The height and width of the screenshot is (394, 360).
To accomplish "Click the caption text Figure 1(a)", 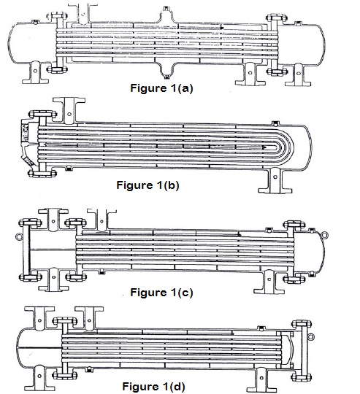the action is [161, 88].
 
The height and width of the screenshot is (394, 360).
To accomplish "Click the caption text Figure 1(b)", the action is [148, 185].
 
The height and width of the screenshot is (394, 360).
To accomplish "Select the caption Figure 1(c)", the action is [161, 293].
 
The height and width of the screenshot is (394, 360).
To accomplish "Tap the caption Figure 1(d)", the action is [153, 386].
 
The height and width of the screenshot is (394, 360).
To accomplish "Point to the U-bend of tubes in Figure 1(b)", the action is [289, 146].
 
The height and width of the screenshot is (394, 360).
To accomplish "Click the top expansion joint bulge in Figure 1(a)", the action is [166, 15].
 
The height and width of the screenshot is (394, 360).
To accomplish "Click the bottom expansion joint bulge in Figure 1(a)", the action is [166, 69].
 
